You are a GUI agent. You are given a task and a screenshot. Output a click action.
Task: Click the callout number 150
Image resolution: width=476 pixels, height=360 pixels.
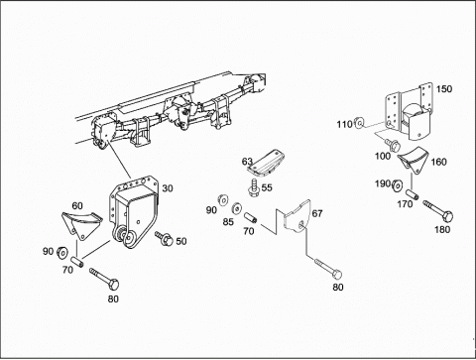[444, 89]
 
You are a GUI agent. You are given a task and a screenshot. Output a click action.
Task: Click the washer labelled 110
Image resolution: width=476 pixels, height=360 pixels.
[359, 123]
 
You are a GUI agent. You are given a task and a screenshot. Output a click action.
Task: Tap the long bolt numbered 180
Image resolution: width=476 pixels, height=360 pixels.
[438, 210]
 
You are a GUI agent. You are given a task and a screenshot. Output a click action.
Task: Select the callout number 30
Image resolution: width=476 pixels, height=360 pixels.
[168, 188]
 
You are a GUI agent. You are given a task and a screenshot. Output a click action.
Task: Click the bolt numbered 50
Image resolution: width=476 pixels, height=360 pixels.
[164, 238]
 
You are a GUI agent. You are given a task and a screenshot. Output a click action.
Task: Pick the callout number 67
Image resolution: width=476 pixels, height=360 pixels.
[317, 213]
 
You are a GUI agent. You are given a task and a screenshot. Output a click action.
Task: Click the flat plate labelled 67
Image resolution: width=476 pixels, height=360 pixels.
[297, 217]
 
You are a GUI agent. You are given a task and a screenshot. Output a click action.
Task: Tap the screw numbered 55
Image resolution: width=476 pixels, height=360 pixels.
[254, 188]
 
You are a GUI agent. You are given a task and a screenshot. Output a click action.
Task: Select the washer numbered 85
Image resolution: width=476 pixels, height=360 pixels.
[236, 208]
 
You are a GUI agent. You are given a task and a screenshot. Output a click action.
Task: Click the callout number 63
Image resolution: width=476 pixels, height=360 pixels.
[247, 162]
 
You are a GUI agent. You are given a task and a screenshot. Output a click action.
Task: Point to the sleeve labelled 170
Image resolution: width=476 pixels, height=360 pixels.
[413, 194]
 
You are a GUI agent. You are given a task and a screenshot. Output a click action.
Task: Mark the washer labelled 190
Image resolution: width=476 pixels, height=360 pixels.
[397, 186]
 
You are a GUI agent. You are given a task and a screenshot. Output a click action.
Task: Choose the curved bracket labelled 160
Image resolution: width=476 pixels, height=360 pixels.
[413, 160]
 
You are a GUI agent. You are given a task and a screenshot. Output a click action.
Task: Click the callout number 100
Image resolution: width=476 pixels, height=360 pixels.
[383, 156]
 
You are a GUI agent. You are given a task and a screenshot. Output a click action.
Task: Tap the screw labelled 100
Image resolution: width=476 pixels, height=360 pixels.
[393, 144]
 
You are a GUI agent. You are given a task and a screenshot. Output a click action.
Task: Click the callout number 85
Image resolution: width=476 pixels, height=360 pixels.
[228, 222]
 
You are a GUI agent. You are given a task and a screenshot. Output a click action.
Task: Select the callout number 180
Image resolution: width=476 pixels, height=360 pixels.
[442, 229]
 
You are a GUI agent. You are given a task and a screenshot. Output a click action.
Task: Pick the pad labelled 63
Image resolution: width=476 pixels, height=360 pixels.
[265, 163]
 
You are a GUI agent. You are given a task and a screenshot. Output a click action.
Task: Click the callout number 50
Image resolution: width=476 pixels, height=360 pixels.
[181, 241]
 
